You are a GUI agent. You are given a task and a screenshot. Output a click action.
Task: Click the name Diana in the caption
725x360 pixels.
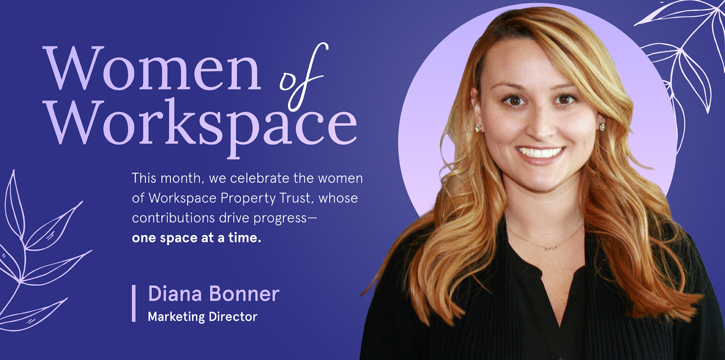point(175,294)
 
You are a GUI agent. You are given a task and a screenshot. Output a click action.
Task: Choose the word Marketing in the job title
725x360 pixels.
point(176,317)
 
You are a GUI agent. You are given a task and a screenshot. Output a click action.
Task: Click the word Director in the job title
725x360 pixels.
point(233,317)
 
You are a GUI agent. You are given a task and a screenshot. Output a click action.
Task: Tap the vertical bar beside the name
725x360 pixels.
point(134,303)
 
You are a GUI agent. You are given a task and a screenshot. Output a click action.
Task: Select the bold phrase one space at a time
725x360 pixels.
point(197,238)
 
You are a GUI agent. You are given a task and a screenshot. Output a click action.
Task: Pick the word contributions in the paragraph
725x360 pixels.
point(174,218)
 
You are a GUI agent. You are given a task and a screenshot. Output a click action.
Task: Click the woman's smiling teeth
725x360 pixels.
point(540,152)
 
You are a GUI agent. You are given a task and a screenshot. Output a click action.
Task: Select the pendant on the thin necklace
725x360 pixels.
point(551,247)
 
